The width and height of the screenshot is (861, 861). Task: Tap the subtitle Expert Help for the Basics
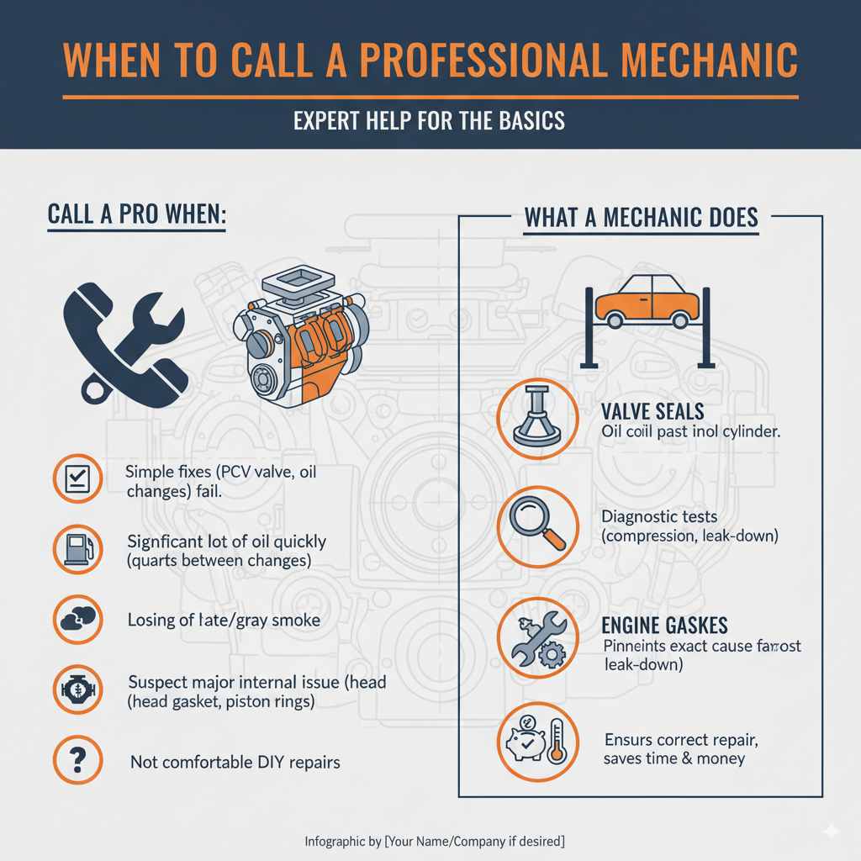coord(430,120)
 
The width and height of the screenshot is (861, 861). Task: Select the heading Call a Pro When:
coord(136,214)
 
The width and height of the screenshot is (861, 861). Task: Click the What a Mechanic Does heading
coord(642,217)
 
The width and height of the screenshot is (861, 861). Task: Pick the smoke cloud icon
coord(77,620)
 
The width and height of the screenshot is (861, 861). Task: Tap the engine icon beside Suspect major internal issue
coord(77,689)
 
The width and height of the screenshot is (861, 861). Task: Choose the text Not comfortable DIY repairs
coord(235,763)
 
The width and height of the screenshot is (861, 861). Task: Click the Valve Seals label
coord(652,412)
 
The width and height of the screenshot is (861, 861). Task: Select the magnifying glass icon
coord(537,528)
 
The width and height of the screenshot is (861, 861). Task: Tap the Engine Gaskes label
coord(664,626)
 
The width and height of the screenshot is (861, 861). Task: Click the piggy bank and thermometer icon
coord(537,741)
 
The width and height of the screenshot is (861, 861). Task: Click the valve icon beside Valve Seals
coord(537,417)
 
